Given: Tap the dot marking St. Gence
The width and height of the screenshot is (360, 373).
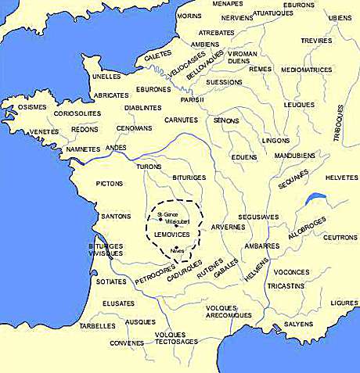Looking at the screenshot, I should click(160, 220).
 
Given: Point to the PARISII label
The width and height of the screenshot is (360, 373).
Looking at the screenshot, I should click(193, 99).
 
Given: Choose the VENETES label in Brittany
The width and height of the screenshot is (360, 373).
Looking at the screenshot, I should click(22, 132).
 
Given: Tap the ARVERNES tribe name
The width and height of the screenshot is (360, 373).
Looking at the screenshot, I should click(229, 227).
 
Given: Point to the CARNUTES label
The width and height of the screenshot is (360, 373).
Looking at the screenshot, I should click(182, 120).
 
